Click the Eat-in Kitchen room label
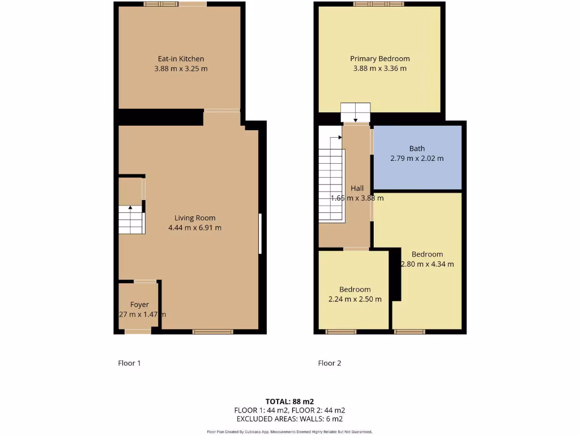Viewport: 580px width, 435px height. pos(181,59)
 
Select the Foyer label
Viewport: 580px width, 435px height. pos(139,305)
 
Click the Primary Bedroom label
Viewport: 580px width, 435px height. pos(379,59)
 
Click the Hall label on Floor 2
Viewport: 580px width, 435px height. pos(357,188)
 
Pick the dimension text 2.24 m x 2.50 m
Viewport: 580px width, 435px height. pos(355,299)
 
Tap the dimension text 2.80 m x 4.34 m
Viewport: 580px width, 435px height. pos(428,264)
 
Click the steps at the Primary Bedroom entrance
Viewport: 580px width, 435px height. pos(355,112)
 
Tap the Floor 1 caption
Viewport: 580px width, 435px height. pos(129,363)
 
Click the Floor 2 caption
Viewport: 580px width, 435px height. pos(330,363)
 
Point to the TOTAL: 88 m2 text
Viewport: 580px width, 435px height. pos(289,402)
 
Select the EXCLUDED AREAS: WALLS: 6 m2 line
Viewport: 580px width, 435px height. pos(289,419)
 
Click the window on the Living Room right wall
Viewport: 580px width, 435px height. pos(260,233)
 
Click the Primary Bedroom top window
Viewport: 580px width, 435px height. pos(379,4)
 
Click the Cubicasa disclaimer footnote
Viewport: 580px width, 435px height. pos(289,432)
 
